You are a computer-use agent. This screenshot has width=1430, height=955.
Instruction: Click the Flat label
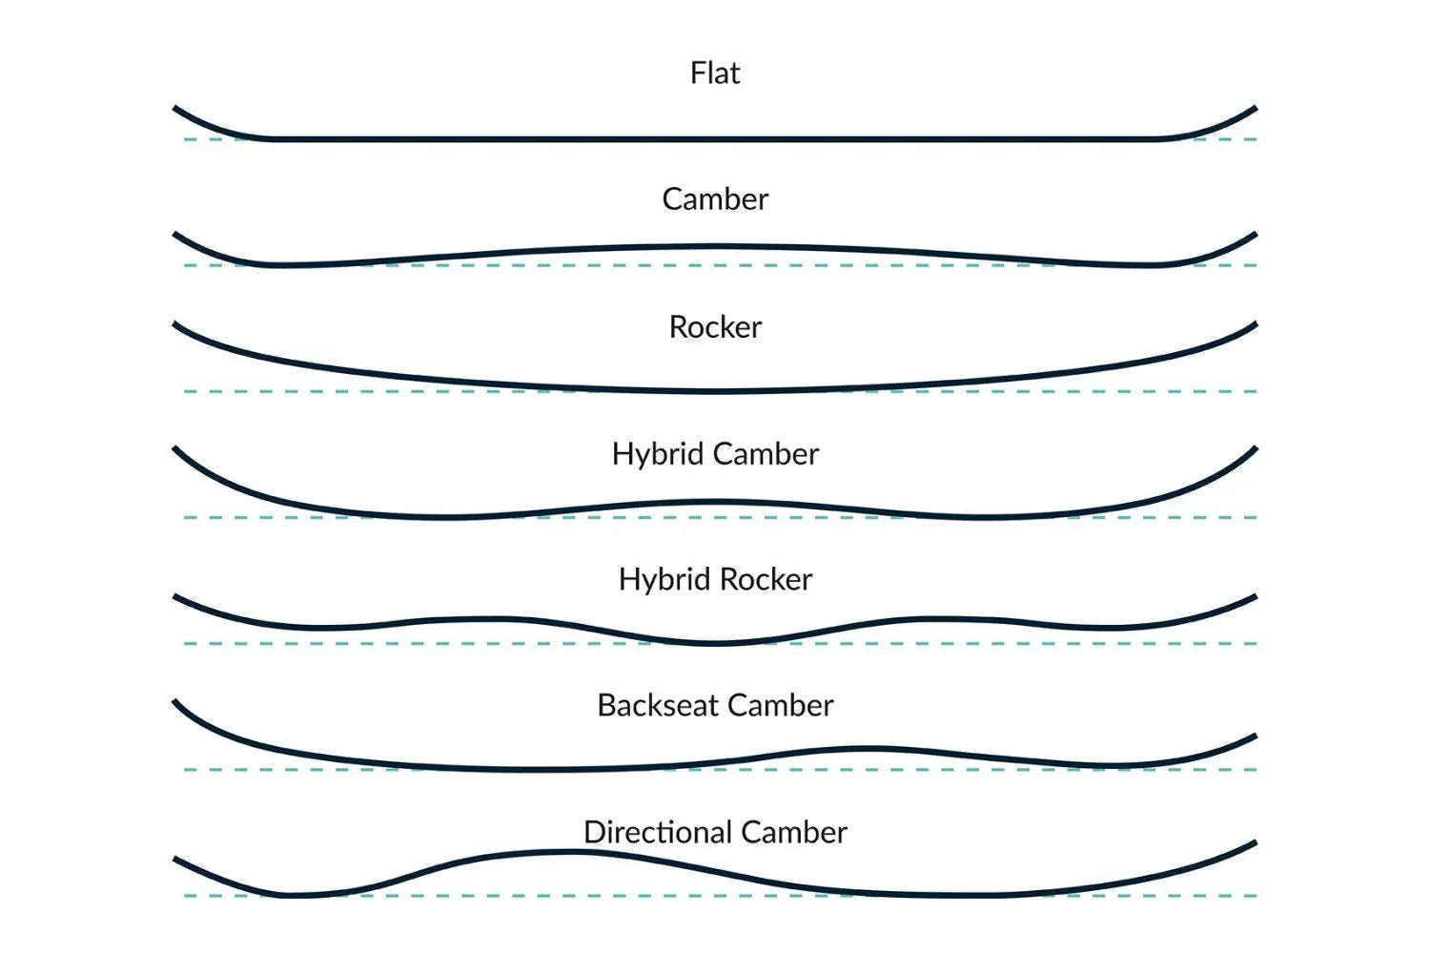click(x=715, y=73)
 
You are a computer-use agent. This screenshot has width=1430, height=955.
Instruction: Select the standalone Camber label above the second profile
click(x=715, y=199)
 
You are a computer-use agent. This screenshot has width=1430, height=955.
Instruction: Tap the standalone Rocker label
click(x=715, y=327)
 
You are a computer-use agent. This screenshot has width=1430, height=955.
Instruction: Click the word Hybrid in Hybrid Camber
click(x=657, y=454)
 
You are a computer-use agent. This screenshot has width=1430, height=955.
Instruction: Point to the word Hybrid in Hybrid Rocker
click(x=664, y=580)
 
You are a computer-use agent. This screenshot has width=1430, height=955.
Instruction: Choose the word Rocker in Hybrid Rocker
click(x=766, y=580)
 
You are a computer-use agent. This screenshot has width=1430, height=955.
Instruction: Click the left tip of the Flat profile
click(x=175, y=109)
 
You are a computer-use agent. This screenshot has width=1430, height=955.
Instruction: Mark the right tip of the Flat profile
click(x=1255, y=109)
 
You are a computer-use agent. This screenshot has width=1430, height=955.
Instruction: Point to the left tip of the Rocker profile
click(x=175, y=324)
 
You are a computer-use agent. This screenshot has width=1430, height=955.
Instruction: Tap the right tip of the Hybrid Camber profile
click(x=1255, y=448)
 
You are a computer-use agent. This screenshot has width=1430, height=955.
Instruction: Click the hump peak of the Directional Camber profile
click(x=567, y=852)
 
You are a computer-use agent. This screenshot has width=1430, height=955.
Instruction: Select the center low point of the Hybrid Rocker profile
click(x=717, y=644)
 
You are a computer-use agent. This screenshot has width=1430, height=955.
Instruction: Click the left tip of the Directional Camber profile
click(x=175, y=860)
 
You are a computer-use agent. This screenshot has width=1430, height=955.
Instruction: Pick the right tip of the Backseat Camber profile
click(x=1255, y=736)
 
